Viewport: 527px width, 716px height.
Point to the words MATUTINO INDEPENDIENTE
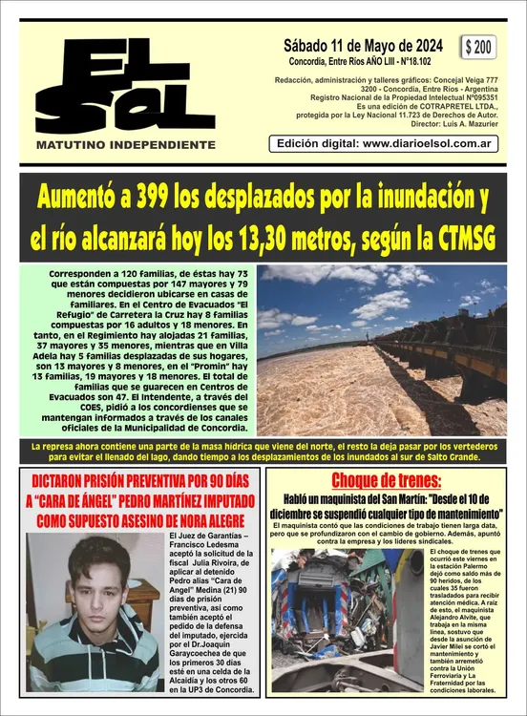click(x=125, y=144)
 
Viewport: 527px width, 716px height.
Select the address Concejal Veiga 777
click(x=453, y=79)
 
